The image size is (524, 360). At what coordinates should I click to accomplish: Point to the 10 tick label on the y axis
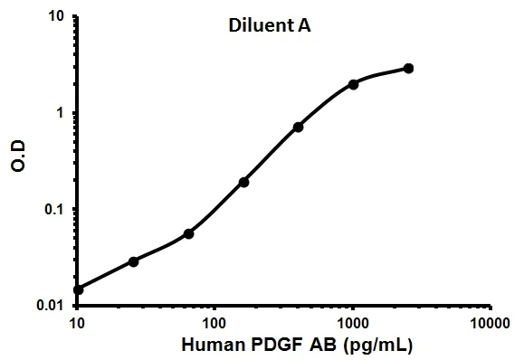[56, 17]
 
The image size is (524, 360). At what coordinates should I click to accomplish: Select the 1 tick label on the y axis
[61, 113]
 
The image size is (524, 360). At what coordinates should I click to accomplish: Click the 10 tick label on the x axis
[77, 322]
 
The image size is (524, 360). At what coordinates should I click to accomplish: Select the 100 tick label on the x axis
[214, 322]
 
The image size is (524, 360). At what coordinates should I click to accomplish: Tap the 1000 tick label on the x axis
[353, 322]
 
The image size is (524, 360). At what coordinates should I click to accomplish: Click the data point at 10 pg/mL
[78, 289]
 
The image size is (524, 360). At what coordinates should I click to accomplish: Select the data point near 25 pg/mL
[133, 261]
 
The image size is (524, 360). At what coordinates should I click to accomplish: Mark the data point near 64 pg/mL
[188, 233]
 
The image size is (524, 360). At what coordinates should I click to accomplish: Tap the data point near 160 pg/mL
[243, 182]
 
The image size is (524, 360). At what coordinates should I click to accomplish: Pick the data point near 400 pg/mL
[298, 127]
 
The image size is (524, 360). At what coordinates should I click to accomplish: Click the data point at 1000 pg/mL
[353, 84]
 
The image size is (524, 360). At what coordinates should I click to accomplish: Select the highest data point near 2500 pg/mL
[408, 68]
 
